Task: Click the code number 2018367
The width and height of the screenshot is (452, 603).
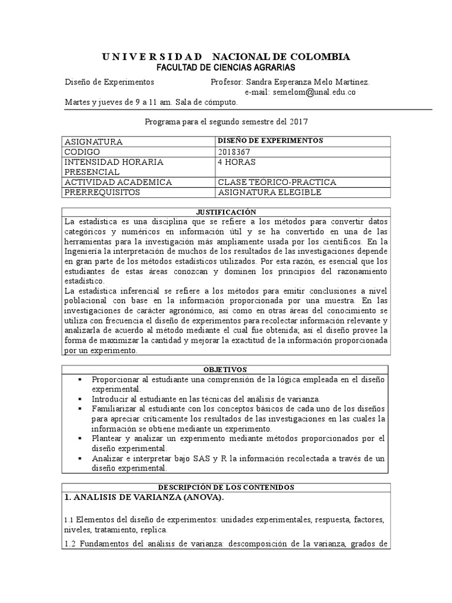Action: (234, 152)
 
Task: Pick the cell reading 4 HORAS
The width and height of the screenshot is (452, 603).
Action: (237, 162)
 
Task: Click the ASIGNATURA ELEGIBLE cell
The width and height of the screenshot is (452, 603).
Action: (270, 192)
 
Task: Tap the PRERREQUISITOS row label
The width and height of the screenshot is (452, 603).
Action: (102, 192)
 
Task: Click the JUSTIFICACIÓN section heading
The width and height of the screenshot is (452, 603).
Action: (226, 211)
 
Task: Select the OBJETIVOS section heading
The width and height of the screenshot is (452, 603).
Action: (226, 369)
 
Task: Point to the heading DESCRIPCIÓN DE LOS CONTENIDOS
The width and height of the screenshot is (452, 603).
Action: (226, 487)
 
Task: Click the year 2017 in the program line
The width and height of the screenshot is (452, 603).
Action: (298, 122)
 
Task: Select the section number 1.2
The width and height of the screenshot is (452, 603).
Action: (69, 544)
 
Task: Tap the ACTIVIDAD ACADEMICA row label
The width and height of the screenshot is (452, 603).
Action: (118, 182)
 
